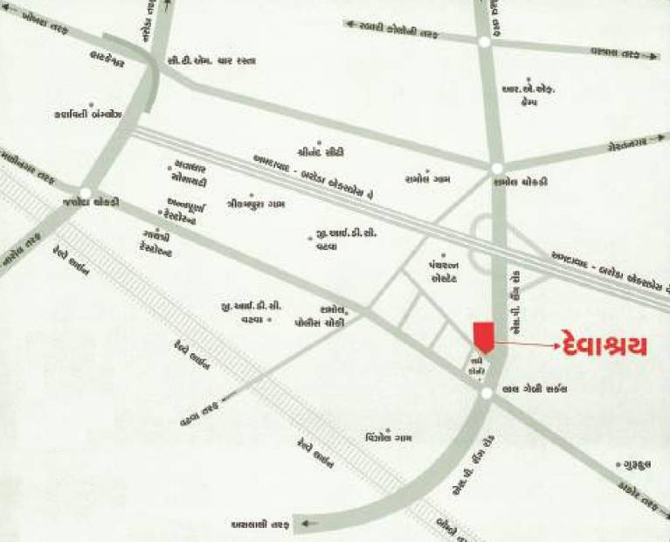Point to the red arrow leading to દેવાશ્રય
(526, 346)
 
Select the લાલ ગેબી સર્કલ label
(530, 390)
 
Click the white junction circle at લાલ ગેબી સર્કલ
(486, 394)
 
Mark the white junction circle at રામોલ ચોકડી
(496, 168)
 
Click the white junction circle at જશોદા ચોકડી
(86, 192)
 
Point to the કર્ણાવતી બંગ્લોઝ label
(90, 115)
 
